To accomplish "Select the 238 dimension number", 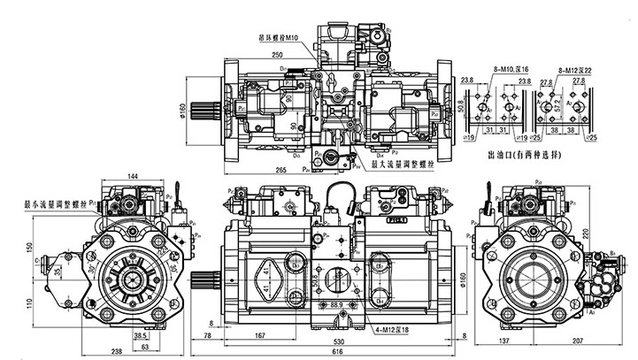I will pos(117,350).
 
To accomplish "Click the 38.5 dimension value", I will pos(140,337).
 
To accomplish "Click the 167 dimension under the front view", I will pos(260,336).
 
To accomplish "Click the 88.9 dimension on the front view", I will pos(336,303).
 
